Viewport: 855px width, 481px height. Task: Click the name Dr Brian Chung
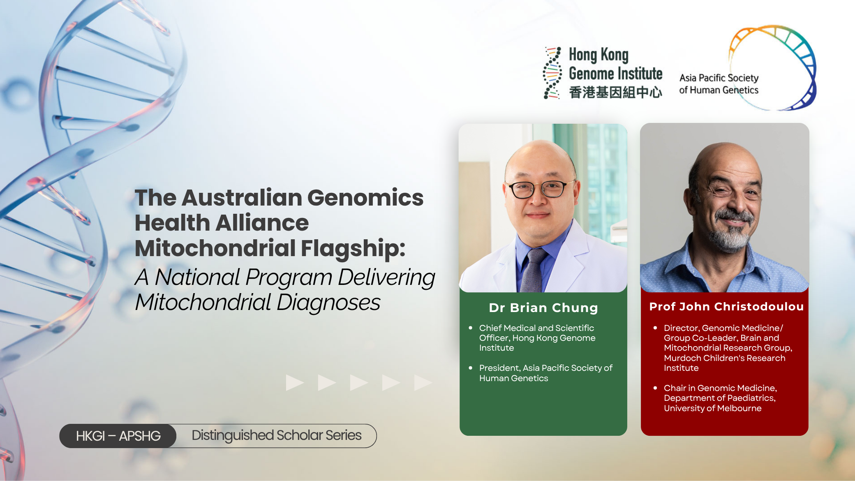coord(543,308)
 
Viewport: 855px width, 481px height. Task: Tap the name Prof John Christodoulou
coord(726,307)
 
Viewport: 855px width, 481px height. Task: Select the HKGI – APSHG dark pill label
coord(118,436)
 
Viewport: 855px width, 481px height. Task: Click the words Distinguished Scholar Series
coord(277,435)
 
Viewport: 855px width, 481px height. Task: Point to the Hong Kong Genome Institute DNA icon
coord(552,73)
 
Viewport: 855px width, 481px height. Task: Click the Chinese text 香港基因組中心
coord(615,92)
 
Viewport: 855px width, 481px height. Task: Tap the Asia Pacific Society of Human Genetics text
coord(719,84)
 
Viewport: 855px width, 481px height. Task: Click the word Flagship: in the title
coord(353,249)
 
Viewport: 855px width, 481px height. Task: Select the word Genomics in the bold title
coord(365,198)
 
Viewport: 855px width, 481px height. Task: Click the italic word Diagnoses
coord(328,303)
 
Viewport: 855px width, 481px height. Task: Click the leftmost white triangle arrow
coord(295,382)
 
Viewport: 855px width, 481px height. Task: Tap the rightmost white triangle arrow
coord(423,382)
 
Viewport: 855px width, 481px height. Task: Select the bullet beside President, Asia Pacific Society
coord(471,368)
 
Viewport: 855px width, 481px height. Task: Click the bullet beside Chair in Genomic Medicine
coord(655,388)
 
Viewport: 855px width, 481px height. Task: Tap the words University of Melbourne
coord(713,408)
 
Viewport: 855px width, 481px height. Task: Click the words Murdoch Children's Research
coord(725,358)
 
